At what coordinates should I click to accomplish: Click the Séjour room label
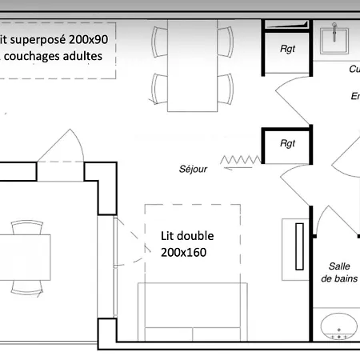(193, 170)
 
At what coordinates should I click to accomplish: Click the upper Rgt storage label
(288, 49)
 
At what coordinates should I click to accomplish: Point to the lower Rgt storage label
(288, 143)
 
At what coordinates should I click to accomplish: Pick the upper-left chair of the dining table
(160, 40)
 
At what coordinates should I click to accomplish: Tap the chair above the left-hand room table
(28, 227)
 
